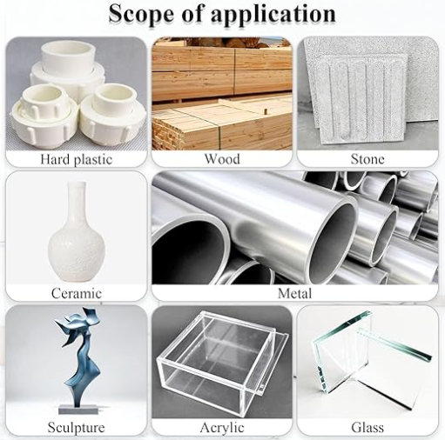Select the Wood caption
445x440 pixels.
pos(222,159)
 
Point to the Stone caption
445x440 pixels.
pos(367,159)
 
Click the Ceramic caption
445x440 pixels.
pos(76,293)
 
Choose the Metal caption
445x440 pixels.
pos(294,293)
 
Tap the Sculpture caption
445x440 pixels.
pos(76,427)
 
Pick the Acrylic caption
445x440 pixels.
pos(222,427)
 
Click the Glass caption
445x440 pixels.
pos(367,427)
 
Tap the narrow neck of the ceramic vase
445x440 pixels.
pos(76,196)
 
